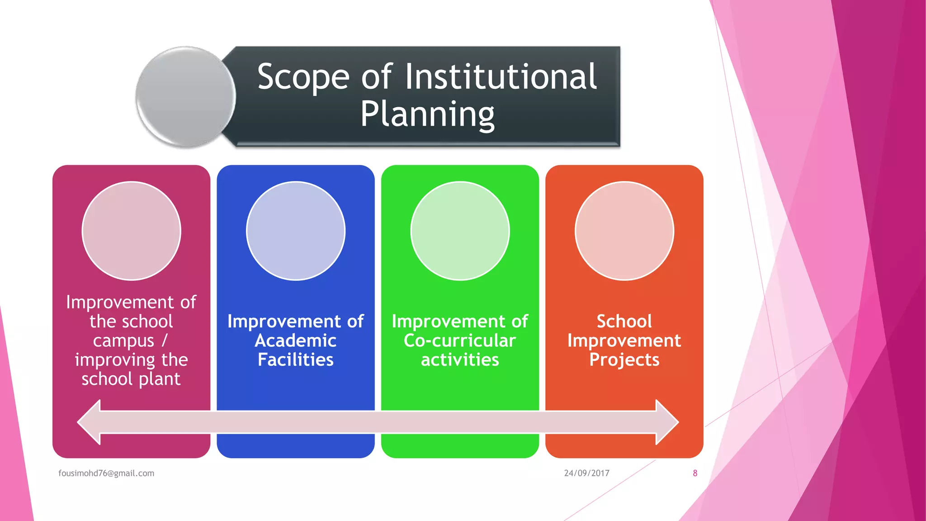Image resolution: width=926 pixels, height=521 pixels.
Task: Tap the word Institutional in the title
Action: [501, 77]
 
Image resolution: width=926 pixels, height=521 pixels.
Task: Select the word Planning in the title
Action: [427, 115]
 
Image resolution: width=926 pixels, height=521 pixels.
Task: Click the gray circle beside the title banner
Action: [186, 97]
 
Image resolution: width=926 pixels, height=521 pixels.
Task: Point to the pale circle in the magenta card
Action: [132, 231]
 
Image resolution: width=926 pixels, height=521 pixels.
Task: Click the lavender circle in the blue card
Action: [296, 231]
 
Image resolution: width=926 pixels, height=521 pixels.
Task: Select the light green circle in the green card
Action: [460, 231]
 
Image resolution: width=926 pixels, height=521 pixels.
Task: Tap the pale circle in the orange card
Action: [624, 231]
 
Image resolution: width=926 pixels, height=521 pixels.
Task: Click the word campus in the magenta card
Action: [123, 341]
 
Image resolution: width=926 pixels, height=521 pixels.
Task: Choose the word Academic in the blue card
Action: [296, 341]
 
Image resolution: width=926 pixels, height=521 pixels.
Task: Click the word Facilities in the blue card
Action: [296, 360]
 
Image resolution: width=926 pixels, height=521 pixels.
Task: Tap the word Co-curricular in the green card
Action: [460, 341]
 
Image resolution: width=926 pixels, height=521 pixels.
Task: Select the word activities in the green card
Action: [460, 360]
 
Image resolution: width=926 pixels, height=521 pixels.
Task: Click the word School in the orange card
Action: [624, 322]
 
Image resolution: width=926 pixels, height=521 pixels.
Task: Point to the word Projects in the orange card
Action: [624, 360]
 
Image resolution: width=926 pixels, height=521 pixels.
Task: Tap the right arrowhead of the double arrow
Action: [666, 422]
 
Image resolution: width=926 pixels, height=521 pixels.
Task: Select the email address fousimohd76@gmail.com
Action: [106, 474]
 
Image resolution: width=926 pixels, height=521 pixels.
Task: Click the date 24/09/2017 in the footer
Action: [586, 474]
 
